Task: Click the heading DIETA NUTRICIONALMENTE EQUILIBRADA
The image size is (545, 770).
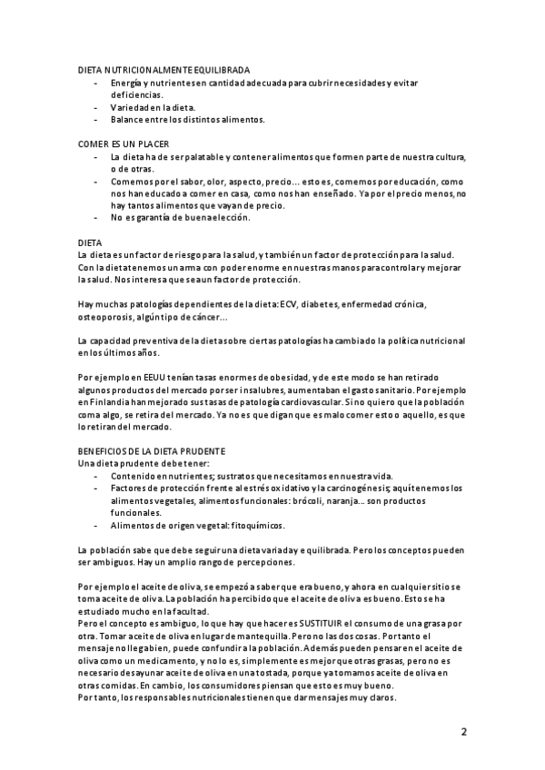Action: [164, 70]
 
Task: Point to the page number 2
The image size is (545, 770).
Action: [463, 731]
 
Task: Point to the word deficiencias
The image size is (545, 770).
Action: [137, 94]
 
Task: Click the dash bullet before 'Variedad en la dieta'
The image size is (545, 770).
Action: [97, 107]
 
